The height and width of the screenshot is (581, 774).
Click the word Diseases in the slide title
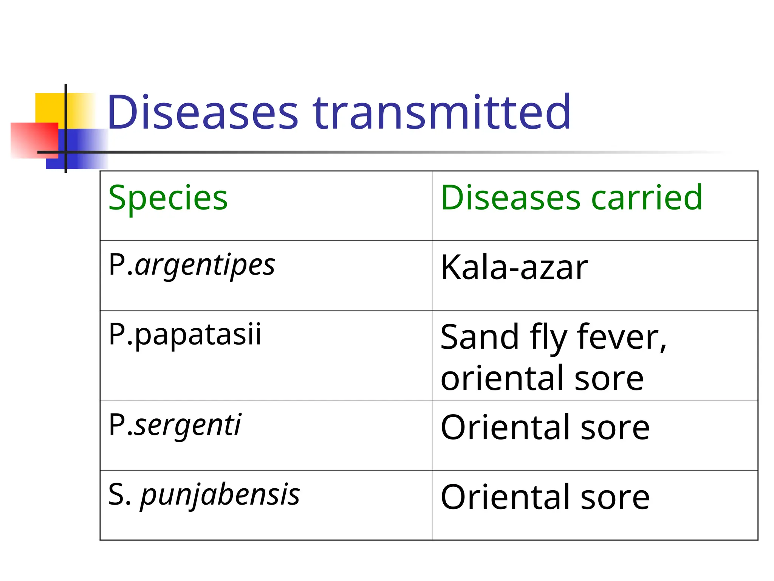[x=203, y=112]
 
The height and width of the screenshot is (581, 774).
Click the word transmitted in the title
[x=442, y=112]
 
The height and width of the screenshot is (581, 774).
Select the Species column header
[x=168, y=198]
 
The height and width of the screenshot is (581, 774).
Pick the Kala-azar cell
[x=514, y=268]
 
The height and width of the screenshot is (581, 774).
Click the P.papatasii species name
[x=185, y=335]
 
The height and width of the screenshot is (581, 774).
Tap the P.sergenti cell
[x=175, y=426]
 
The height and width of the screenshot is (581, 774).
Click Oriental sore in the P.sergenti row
[x=545, y=428]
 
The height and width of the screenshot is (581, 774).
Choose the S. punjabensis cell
[x=204, y=495]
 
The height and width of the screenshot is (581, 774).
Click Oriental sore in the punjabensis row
[x=545, y=497]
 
